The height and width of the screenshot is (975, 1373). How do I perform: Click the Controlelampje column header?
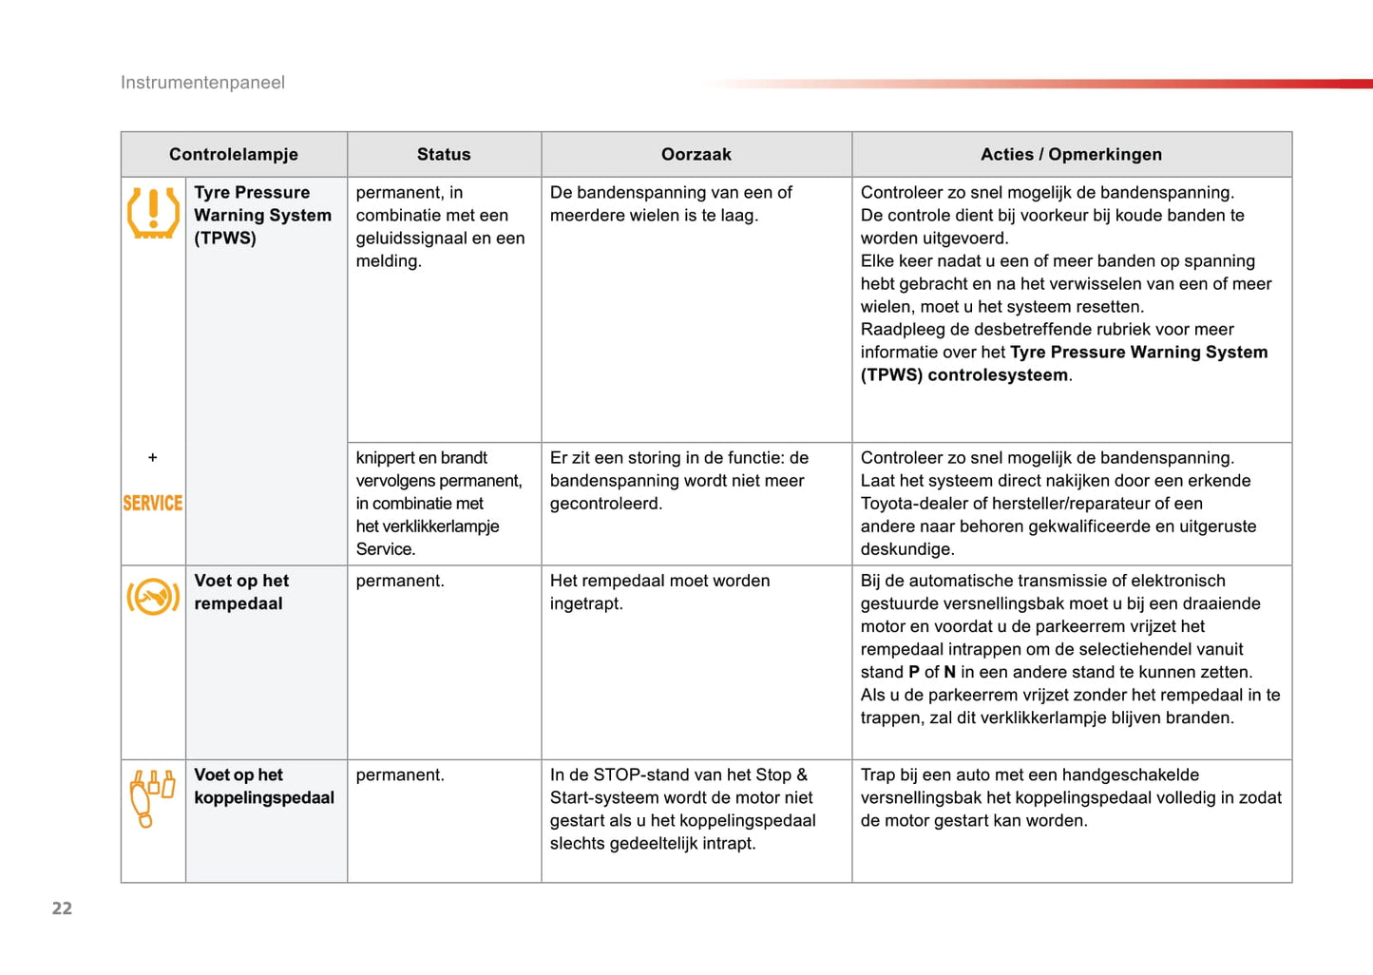tap(234, 154)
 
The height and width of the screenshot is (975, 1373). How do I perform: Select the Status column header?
tap(444, 154)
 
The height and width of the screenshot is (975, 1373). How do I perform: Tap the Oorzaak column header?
tap(696, 154)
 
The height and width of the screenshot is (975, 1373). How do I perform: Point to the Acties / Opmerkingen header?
tap(1071, 154)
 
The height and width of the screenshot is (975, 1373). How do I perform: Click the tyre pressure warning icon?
tap(153, 212)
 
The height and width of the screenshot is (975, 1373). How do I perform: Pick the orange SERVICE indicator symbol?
tap(153, 503)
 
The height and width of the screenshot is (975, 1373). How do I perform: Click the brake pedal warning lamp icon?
tap(153, 597)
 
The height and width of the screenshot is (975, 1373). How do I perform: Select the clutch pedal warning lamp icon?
tap(152, 797)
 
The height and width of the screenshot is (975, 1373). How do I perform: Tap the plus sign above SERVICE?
tap(153, 458)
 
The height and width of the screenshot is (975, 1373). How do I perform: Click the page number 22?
tap(62, 908)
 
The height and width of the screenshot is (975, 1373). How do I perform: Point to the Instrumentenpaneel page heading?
tap(202, 83)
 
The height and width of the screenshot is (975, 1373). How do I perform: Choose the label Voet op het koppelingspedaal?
tap(264, 786)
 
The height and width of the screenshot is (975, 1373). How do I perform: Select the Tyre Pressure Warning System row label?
tap(262, 215)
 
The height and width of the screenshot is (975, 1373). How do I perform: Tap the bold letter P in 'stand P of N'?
tap(914, 672)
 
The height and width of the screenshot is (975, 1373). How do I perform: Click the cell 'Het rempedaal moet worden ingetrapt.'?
tap(659, 592)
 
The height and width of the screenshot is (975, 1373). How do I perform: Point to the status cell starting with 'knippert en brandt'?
tap(439, 503)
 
